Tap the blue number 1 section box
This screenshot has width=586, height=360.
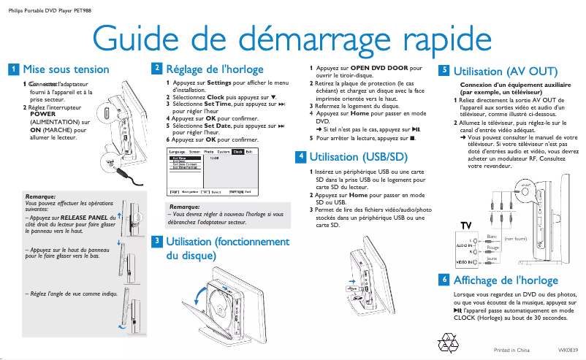coord(13,69)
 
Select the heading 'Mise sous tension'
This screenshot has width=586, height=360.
coord(66,69)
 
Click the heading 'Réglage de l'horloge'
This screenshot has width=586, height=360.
coord(215,69)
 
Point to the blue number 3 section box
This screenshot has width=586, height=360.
coord(156,241)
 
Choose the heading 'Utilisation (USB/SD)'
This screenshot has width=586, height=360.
coord(358,156)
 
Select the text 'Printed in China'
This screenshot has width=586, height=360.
coord(511,351)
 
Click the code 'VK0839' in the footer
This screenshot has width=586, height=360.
coord(568,351)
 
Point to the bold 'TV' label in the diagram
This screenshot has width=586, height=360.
coord(466,223)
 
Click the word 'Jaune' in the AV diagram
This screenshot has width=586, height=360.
coord(491,258)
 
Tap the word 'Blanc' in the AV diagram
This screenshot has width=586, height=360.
coord(491,237)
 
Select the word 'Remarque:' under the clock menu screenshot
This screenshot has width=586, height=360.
coord(184,207)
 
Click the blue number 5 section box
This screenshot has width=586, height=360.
coord(443,72)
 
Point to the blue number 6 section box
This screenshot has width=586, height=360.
coord(443,280)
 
